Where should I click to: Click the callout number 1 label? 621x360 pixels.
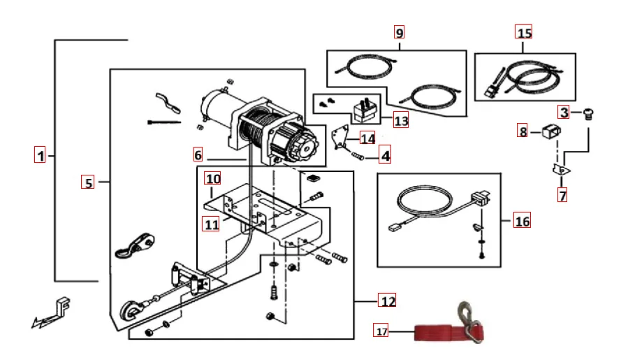tap(41, 155)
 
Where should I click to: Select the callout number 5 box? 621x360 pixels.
tap(88, 182)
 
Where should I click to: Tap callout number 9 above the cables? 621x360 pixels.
tap(399, 32)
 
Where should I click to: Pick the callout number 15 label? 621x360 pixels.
tap(524, 31)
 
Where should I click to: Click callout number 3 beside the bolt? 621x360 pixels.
tap(564, 112)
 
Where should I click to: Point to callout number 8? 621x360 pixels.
tap(523, 131)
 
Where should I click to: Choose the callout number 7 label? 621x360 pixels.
tap(562, 195)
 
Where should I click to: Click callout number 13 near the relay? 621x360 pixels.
tap(400, 120)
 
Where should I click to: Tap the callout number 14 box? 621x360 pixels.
tap(367, 138)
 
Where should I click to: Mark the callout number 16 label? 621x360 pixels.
tap(522, 222)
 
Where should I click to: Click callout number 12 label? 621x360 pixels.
tap(387, 301)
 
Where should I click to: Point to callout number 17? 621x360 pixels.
tap(381, 331)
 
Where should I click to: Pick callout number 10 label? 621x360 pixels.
tap(212, 178)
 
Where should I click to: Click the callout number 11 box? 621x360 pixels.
tap(212, 224)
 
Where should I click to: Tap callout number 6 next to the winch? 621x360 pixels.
tap(198, 154)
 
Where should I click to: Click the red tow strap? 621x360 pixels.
tap(433, 332)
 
